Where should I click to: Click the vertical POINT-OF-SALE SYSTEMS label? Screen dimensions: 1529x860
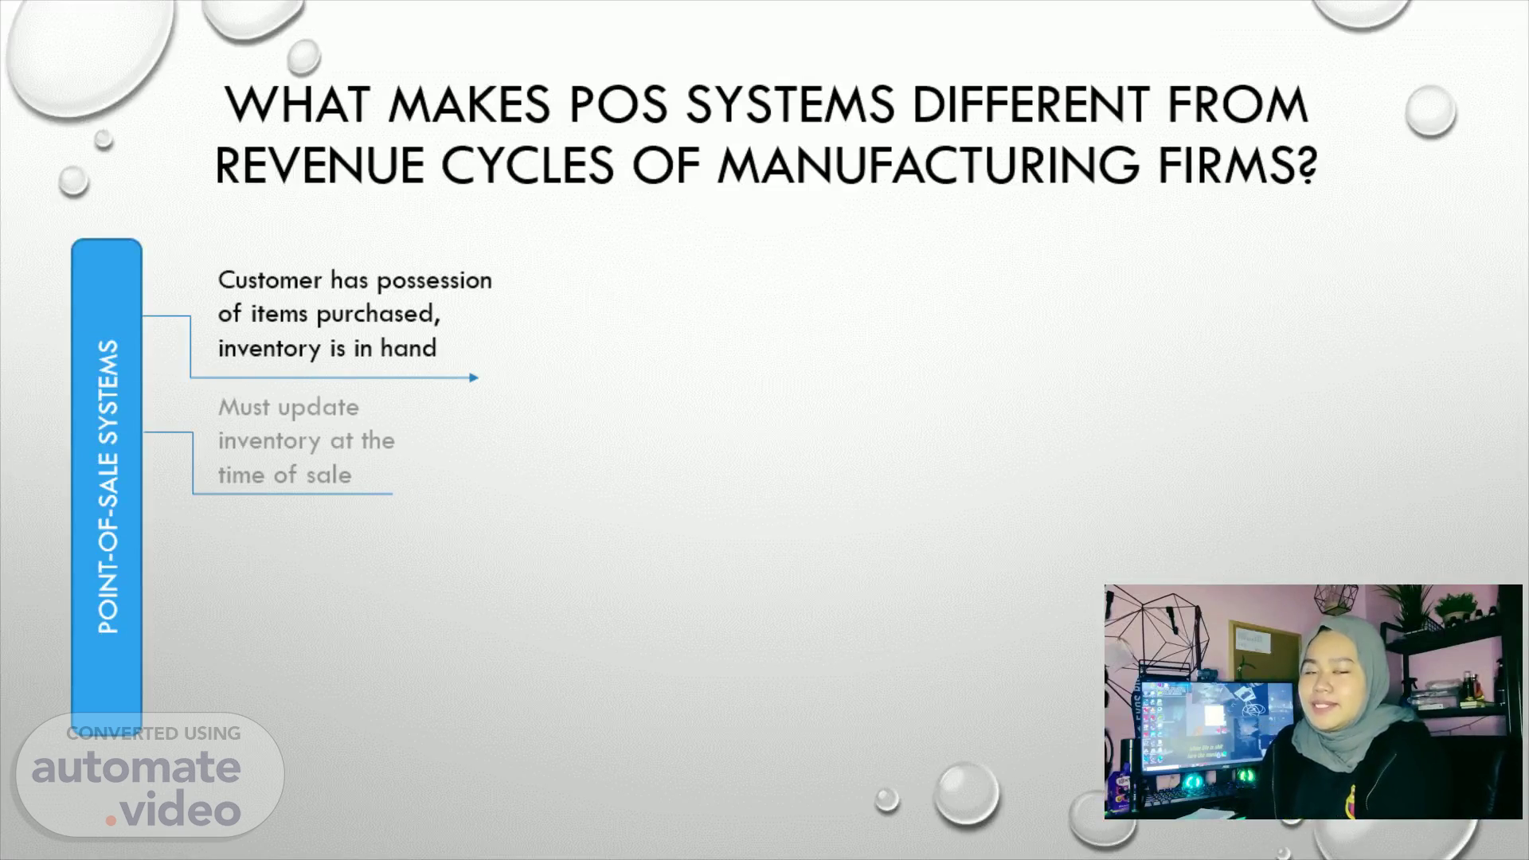click(108, 487)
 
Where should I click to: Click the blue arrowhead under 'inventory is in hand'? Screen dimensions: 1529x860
click(474, 377)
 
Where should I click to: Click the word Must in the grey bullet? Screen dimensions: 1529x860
click(244, 407)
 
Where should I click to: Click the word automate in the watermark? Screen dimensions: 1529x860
click(136, 767)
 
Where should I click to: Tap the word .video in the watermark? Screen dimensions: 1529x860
click(173, 810)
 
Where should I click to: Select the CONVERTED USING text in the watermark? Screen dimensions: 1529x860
click(153, 733)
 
